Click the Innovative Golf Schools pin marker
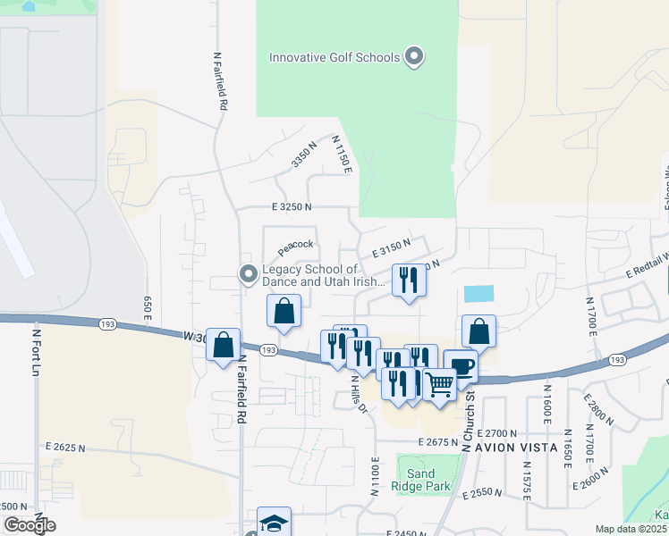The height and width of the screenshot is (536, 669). (413, 56)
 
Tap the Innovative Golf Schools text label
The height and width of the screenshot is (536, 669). (334, 58)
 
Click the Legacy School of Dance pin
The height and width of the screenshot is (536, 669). (248, 275)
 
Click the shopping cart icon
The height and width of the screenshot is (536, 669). (439, 385)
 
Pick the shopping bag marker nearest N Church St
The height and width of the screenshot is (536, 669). (479, 331)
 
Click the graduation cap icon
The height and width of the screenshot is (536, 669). (274, 523)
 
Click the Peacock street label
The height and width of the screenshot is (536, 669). (295, 244)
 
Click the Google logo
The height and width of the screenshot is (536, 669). (29, 525)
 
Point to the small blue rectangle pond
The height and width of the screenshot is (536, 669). (478, 294)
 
